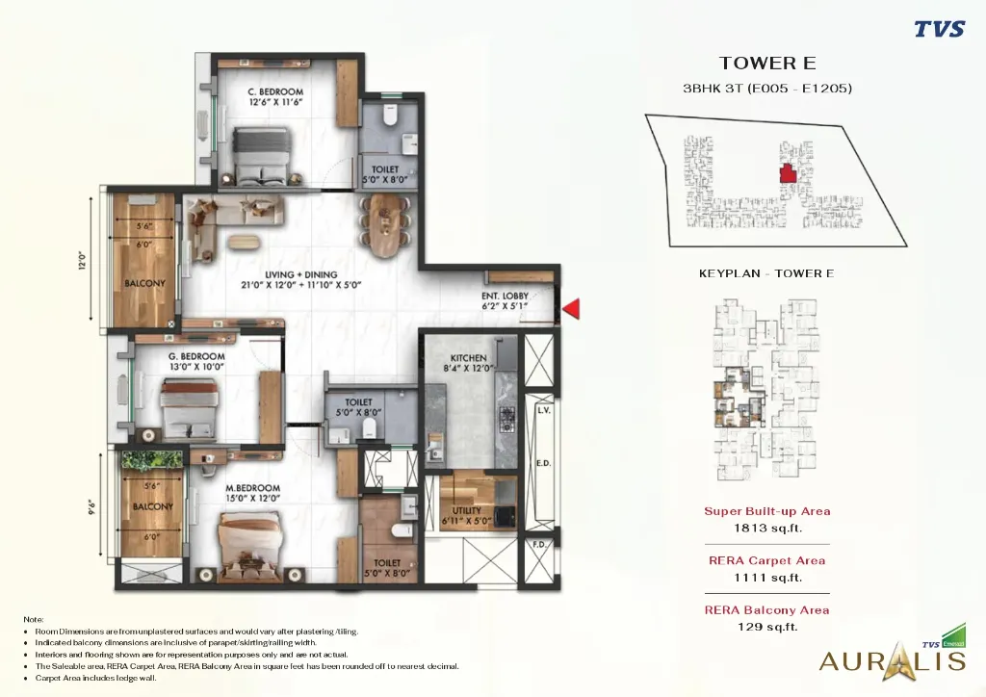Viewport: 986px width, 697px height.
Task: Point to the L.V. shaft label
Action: (542, 409)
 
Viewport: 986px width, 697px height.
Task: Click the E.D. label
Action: (542, 464)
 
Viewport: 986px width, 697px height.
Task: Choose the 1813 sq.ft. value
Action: (766, 528)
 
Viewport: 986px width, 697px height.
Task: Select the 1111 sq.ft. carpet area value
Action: (766, 578)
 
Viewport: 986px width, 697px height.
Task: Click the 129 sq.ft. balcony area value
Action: (766, 627)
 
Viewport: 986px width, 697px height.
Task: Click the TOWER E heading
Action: (766, 64)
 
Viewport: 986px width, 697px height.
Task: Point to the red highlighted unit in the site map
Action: (787, 173)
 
